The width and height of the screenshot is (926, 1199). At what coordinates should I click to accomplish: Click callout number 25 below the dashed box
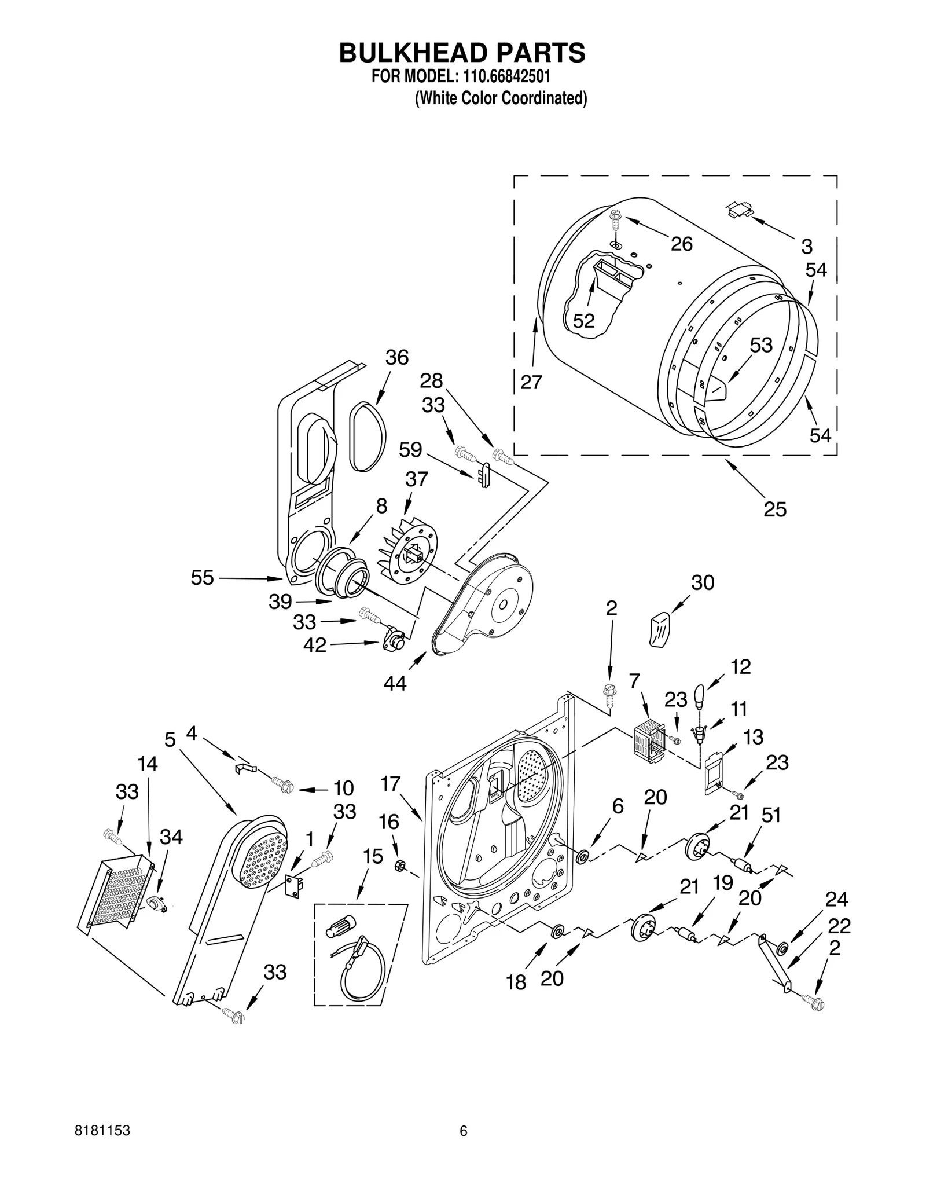click(775, 509)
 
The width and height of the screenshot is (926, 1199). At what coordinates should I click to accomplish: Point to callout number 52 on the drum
click(583, 320)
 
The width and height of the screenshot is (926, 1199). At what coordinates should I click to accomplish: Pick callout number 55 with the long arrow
click(203, 577)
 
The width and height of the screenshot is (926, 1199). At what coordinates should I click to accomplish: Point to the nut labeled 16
click(399, 865)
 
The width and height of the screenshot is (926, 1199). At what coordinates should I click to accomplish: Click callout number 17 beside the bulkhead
click(391, 784)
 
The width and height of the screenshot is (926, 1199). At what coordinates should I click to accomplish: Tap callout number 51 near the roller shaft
click(771, 815)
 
